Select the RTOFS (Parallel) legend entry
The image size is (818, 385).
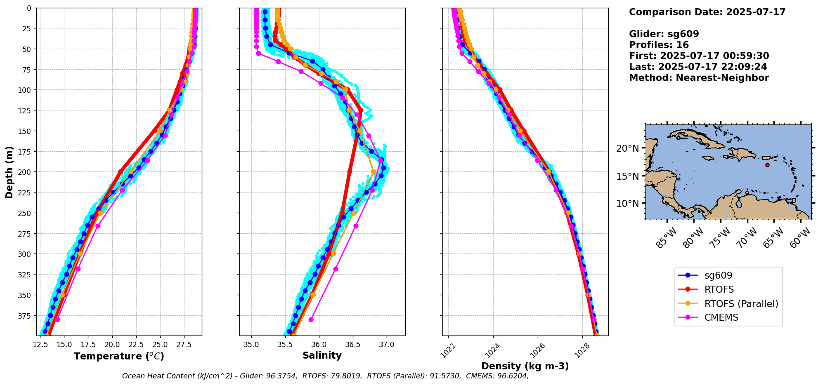[x=741, y=304]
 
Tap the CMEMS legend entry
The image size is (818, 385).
[x=721, y=318]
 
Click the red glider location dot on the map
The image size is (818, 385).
[x=767, y=165]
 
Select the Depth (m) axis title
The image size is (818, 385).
[x=9, y=172]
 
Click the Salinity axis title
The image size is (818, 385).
[x=322, y=356]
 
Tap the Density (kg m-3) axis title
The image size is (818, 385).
[x=525, y=366]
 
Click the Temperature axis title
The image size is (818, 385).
[x=119, y=357]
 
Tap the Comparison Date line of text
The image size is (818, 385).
[x=707, y=12]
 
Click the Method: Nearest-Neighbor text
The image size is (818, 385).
[x=699, y=78]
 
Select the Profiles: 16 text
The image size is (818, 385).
[x=659, y=45]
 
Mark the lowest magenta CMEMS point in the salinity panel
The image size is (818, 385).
[x=311, y=319]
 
